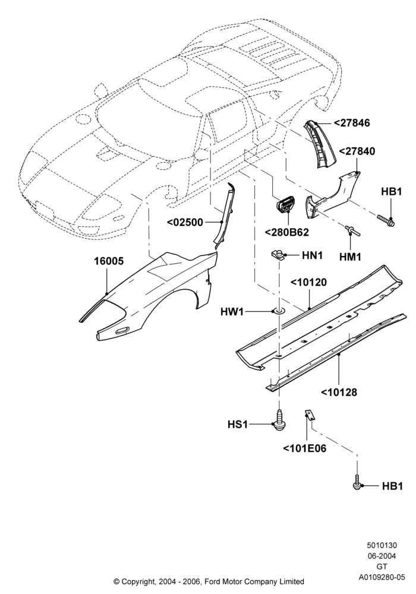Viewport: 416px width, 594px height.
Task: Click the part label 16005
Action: pyautogui.click(x=109, y=261)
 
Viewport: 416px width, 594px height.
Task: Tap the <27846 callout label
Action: pyautogui.click(x=352, y=123)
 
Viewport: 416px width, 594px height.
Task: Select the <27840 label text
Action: pyautogui.click(x=357, y=151)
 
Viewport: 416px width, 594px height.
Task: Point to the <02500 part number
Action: pyautogui.click(x=185, y=222)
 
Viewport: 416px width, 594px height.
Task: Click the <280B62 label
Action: pyautogui.click(x=287, y=232)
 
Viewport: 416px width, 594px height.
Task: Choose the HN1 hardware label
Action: pyautogui.click(x=312, y=255)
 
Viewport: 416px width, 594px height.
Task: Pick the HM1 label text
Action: pyautogui.click(x=350, y=257)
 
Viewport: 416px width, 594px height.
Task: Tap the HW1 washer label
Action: pyautogui.click(x=232, y=312)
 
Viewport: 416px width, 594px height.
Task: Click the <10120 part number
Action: pyautogui.click(x=308, y=282)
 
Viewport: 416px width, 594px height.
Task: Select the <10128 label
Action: pyautogui.click(x=339, y=392)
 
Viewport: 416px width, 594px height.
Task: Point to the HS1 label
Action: pyautogui.click(x=238, y=425)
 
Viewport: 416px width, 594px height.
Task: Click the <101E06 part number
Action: pyautogui.click(x=305, y=448)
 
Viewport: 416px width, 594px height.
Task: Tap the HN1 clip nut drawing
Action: pyautogui.click(x=278, y=254)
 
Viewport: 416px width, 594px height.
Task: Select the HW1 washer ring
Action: pyautogui.click(x=279, y=312)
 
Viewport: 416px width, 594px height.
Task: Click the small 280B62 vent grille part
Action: pyautogui.click(x=288, y=207)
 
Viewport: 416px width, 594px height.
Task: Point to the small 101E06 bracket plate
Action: pyautogui.click(x=310, y=414)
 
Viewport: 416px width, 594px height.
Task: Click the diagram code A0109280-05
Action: pyautogui.click(x=382, y=577)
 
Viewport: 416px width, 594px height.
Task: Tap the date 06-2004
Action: pyautogui.click(x=382, y=556)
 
